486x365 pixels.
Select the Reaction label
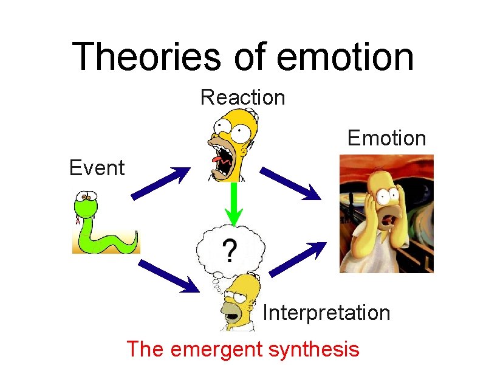(x=242, y=97)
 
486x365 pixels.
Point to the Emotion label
(x=386, y=138)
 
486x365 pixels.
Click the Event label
(x=97, y=167)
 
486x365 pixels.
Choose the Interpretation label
(x=326, y=313)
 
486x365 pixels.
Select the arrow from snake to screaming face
(x=159, y=182)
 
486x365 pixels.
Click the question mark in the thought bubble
(x=230, y=249)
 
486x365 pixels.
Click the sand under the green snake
(x=106, y=246)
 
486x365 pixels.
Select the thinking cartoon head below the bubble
(x=240, y=301)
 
